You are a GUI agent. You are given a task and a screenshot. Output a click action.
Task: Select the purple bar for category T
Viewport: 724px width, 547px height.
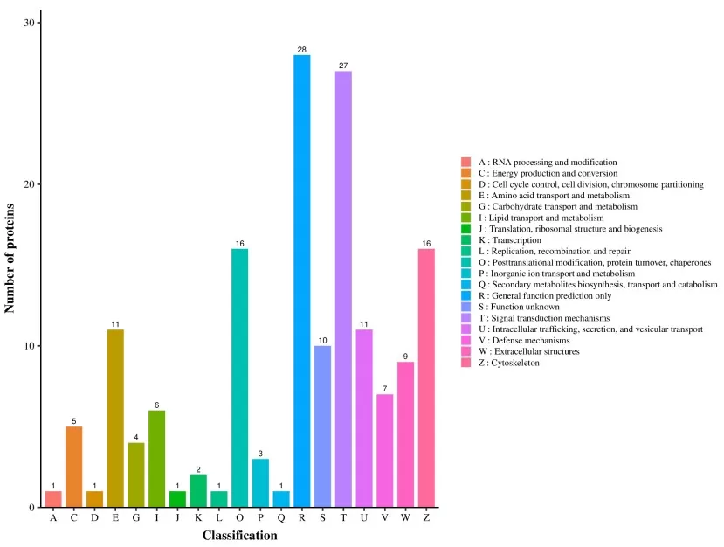click(x=343, y=288)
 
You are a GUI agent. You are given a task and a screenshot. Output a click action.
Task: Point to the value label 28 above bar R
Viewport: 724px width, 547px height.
click(x=301, y=49)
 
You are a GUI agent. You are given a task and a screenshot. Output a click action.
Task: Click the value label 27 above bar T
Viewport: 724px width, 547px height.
click(x=343, y=66)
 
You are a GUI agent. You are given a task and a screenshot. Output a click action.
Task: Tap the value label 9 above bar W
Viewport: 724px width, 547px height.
click(x=405, y=356)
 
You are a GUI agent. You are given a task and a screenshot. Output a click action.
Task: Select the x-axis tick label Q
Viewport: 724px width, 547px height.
click(x=281, y=518)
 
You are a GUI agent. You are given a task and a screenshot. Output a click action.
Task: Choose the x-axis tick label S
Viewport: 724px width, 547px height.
click(x=322, y=518)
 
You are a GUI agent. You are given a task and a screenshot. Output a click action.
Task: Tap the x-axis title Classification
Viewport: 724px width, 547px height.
click(x=240, y=535)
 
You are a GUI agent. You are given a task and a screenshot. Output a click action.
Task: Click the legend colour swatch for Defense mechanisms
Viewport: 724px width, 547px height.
click(x=466, y=341)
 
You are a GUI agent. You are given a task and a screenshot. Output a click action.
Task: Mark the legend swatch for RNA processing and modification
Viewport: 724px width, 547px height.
click(x=466, y=163)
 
